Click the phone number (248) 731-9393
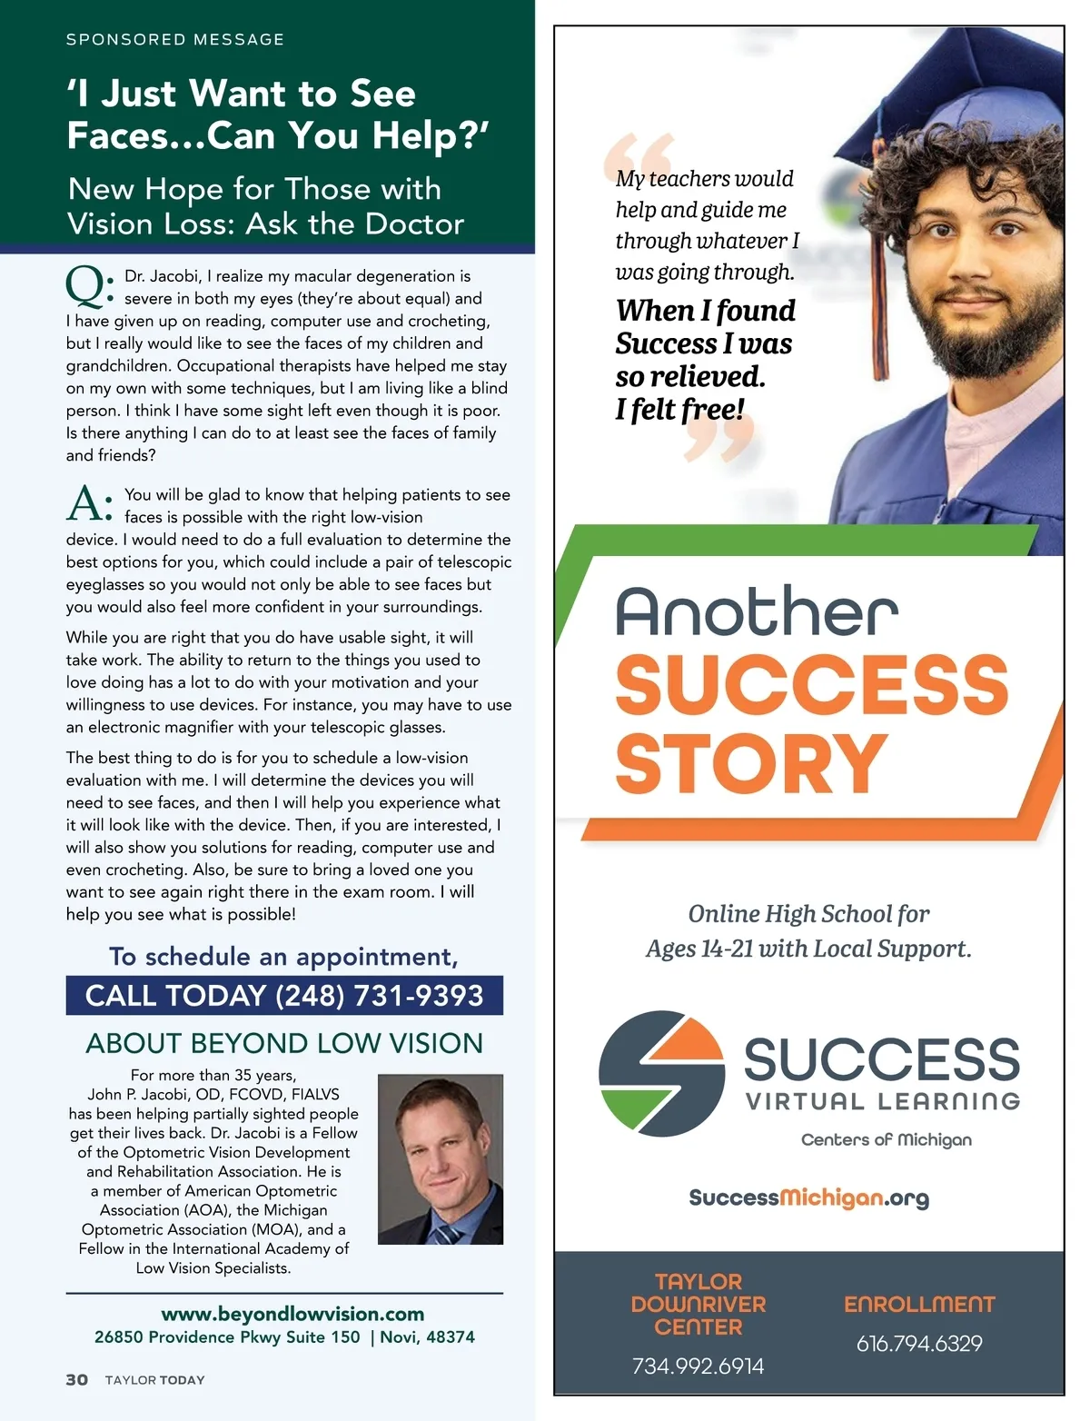click(x=379, y=996)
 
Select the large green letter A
click(x=84, y=503)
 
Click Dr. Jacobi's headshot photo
click(x=440, y=1158)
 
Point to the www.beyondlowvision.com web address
click(x=292, y=1314)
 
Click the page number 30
click(x=77, y=1379)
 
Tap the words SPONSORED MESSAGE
click(x=175, y=40)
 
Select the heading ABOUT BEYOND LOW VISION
click(x=284, y=1043)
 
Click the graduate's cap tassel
click(x=879, y=236)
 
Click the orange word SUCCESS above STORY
click(x=811, y=685)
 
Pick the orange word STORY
click(x=751, y=764)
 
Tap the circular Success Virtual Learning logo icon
click(x=661, y=1073)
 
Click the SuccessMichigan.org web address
click(x=808, y=1197)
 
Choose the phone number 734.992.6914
click(x=698, y=1366)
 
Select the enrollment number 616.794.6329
click(x=919, y=1343)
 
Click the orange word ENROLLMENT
click(x=919, y=1305)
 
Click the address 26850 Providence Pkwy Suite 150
click(x=227, y=1337)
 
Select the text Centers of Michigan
click(x=886, y=1139)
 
